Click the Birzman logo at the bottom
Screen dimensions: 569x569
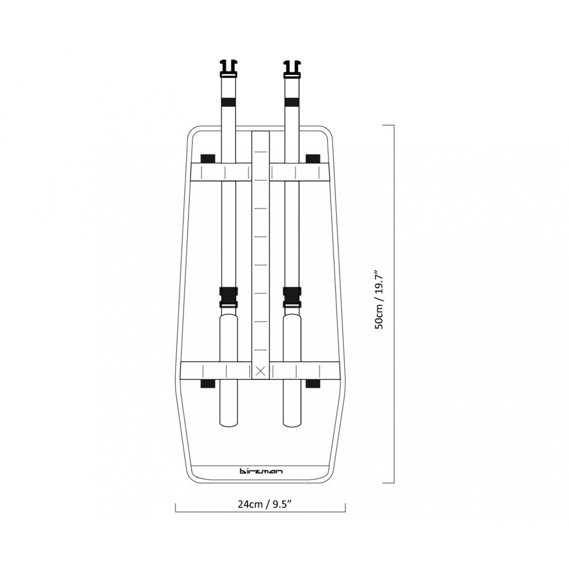click(261, 471)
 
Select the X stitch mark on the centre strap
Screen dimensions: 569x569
click(261, 371)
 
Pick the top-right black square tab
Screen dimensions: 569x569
click(313, 158)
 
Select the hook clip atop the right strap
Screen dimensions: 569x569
click(292, 69)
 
